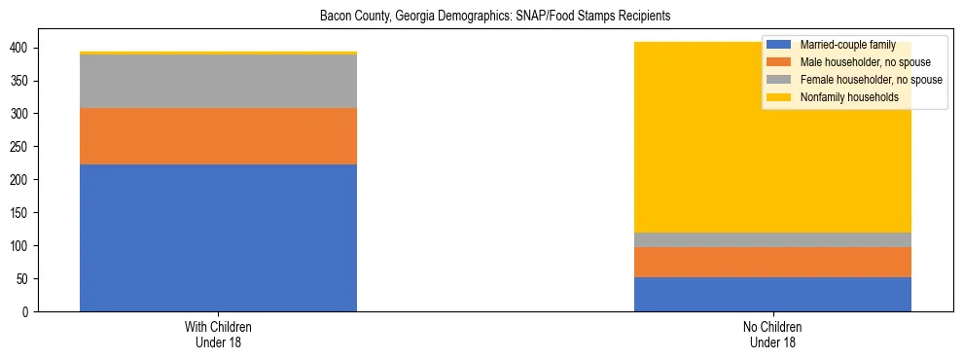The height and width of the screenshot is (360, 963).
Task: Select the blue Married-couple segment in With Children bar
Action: pyautogui.click(x=218, y=237)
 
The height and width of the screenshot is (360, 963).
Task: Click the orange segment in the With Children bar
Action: pyautogui.click(x=218, y=135)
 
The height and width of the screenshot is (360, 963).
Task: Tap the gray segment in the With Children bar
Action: pyautogui.click(x=218, y=81)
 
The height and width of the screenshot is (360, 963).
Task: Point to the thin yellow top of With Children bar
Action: pyautogui.click(x=218, y=53)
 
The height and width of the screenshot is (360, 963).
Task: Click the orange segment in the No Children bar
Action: pyautogui.click(x=772, y=262)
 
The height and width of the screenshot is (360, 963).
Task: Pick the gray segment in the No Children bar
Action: pyautogui.click(x=772, y=239)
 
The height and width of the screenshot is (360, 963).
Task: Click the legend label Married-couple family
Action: pyautogui.click(x=841, y=46)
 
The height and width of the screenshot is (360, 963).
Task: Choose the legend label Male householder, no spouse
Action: pyautogui.click(x=864, y=62)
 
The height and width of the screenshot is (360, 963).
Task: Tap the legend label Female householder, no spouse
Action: pyautogui.click(x=870, y=80)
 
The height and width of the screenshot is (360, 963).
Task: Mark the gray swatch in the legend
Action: pyautogui.click(x=779, y=80)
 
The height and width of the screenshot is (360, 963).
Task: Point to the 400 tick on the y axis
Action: pyautogui.click(x=25, y=48)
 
